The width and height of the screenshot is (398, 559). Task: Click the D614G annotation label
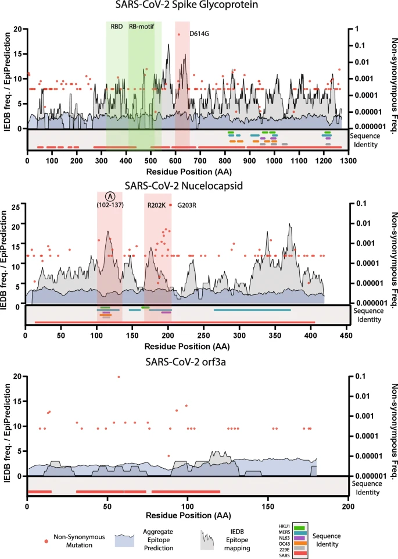coord(199,34)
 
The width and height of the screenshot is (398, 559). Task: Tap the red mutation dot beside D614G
coord(180,34)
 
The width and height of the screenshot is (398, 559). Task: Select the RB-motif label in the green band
coord(141,27)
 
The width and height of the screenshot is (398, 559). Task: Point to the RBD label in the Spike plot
coord(116,27)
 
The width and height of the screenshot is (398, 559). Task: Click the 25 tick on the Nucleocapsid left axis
coord(17,206)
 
